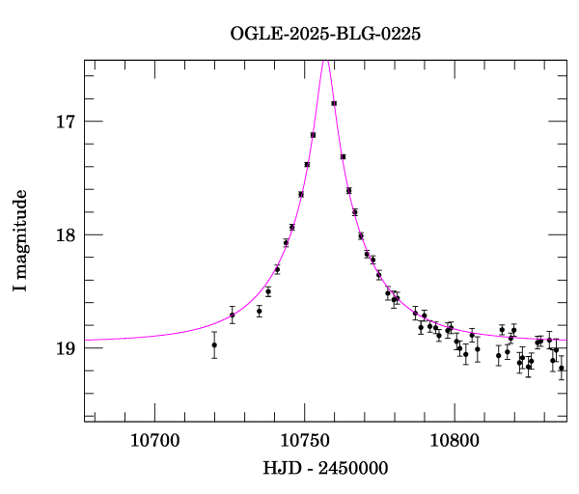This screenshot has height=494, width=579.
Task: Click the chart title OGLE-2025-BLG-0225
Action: click(325, 34)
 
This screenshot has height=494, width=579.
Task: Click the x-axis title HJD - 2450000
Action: click(324, 469)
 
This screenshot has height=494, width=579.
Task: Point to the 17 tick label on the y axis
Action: click(66, 122)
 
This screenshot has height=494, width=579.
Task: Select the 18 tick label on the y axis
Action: click(66, 234)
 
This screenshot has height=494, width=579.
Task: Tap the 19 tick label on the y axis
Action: click(66, 347)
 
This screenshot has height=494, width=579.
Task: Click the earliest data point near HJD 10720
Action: click(214, 344)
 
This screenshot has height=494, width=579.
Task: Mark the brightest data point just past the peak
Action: click(334, 103)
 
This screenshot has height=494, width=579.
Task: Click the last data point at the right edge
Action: click(562, 368)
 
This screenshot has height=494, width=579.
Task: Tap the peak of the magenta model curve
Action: click(326, 60)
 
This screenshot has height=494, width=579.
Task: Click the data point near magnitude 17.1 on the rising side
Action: click(313, 135)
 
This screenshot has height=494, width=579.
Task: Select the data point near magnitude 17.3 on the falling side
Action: click(343, 156)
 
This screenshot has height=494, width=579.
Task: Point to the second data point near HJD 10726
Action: click(233, 315)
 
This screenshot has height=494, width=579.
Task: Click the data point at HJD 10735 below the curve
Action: click(260, 311)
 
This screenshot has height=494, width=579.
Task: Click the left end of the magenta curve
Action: click(86, 340)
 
